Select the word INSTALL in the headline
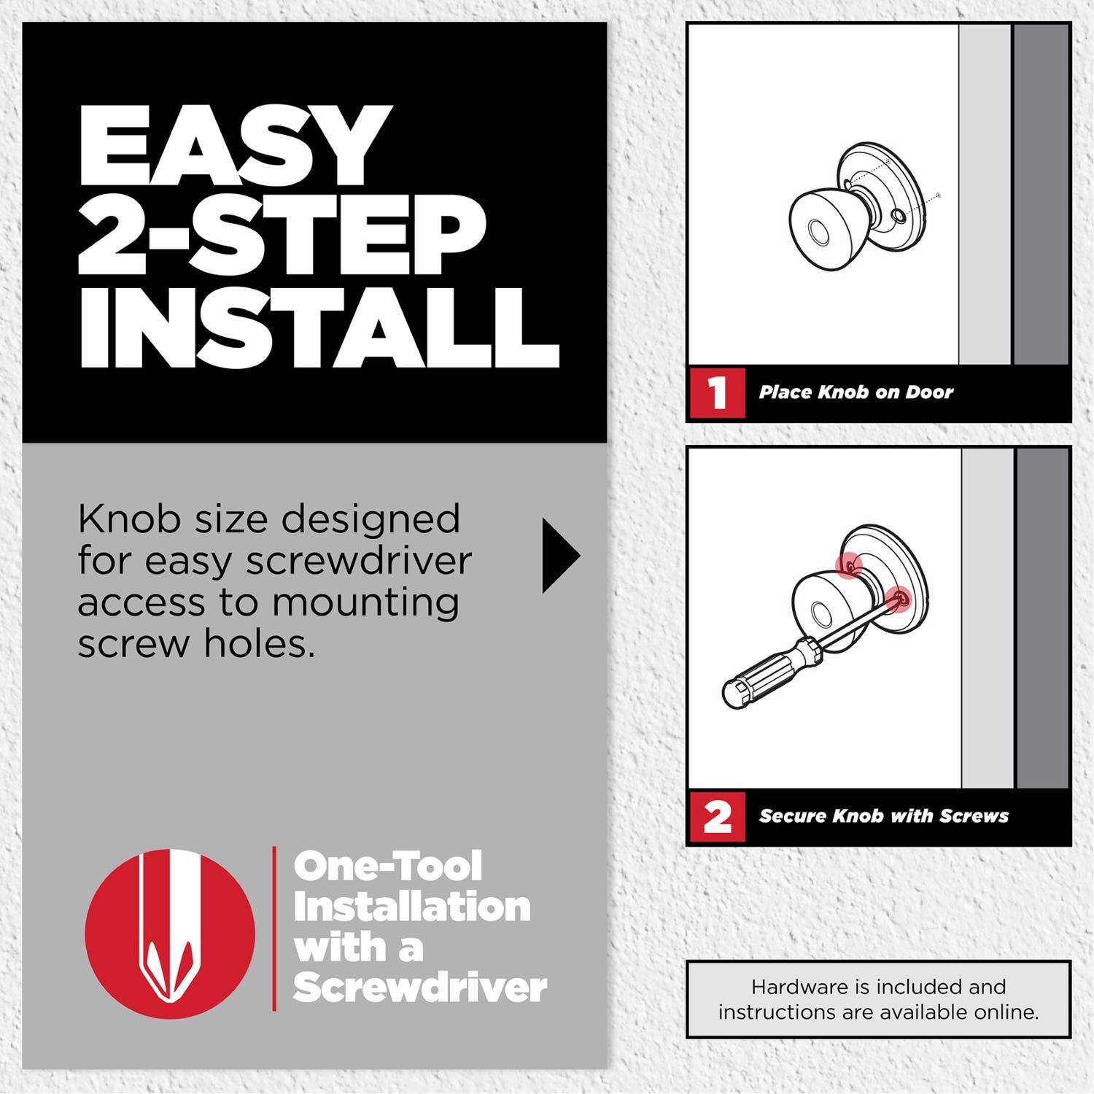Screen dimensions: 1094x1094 (x=318, y=327)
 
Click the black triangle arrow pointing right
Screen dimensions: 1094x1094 (x=559, y=556)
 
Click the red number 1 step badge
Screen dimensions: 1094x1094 (x=717, y=392)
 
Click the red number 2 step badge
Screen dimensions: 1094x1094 (x=717, y=816)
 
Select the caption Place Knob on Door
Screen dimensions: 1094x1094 (x=856, y=392)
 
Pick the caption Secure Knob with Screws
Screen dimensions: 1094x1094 (x=883, y=816)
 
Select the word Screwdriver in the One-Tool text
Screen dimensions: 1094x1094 (x=419, y=988)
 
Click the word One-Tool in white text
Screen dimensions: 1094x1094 (x=387, y=866)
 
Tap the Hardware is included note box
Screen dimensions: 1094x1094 (x=878, y=999)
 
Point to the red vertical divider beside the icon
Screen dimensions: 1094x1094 (x=274, y=928)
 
